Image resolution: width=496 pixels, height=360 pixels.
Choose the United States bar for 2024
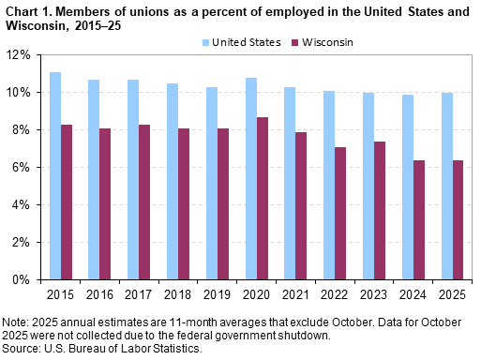pos(408,187)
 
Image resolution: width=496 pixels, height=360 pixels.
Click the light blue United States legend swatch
pos(204,43)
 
